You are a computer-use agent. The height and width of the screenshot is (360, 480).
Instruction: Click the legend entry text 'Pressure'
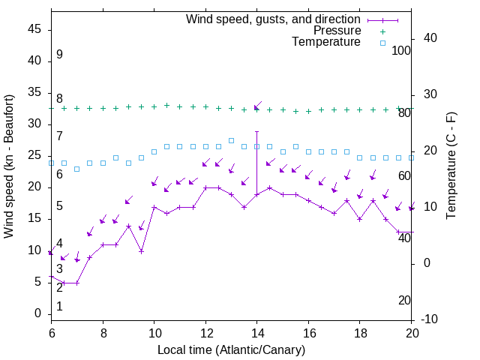337,31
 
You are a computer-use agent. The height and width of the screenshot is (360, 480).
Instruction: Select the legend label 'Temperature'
326,42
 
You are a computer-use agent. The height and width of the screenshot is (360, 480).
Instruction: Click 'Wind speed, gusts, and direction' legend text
274,19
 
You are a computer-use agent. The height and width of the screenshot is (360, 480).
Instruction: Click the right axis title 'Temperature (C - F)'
451,166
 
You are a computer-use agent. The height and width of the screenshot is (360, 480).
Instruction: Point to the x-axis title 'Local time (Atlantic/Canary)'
232,350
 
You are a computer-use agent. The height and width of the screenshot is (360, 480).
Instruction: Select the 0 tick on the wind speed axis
37,313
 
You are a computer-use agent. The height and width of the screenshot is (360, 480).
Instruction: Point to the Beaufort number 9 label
59,55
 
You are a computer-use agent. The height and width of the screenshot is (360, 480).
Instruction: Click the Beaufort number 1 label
59,306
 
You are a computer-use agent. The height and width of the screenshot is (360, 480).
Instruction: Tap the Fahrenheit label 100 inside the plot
402,50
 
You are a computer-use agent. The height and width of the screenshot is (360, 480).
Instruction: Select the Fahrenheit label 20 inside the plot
405,300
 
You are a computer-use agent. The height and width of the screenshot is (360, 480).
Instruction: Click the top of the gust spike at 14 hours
257,131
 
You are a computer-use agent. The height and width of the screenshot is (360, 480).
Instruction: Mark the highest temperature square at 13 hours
231,140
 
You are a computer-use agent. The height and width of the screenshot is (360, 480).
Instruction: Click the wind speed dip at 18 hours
360,219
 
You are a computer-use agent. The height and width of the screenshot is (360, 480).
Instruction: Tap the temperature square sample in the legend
382,43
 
